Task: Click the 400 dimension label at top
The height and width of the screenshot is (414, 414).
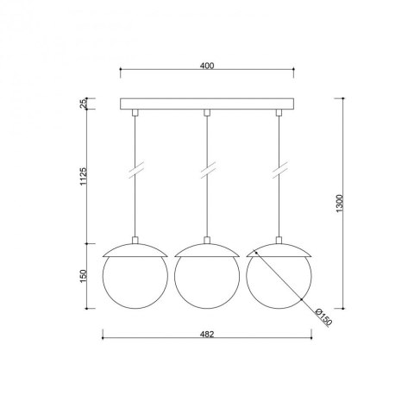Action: tap(207, 66)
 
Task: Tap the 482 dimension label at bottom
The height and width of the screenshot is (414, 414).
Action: tap(207, 334)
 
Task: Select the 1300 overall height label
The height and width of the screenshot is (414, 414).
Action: tap(340, 204)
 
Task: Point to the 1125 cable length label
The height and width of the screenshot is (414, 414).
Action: tap(83, 176)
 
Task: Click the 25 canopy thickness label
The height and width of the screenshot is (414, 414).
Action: tap(83, 103)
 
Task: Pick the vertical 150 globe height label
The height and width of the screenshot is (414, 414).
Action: tap(83, 276)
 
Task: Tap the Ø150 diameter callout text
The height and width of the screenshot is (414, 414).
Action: tap(323, 317)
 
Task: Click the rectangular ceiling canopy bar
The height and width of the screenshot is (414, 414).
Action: tap(207, 104)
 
